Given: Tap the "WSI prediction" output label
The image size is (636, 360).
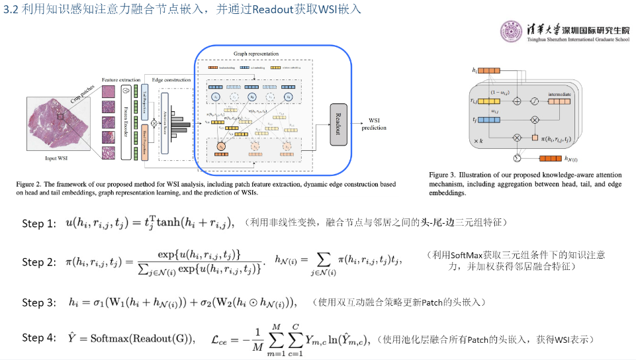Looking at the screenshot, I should (374, 124).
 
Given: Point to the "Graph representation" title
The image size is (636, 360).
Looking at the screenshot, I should (255, 53).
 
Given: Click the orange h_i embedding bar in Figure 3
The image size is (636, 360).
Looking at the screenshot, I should (488, 70).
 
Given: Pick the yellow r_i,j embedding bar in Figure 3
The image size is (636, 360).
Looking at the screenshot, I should (488, 101).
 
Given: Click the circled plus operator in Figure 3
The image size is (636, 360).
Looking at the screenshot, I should (518, 101).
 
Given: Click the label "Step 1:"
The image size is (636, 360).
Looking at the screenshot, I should (39, 224).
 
